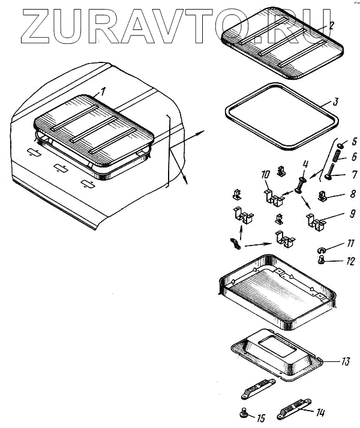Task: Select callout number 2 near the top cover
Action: (x=331, y=25)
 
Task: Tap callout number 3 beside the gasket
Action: (x=335, y=101)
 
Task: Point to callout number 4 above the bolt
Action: (x=305, y=164)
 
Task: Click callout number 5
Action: (x=353, y=142)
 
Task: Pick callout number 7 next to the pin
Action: (x=353, y=176)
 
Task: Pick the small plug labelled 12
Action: (x=321, y=261)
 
